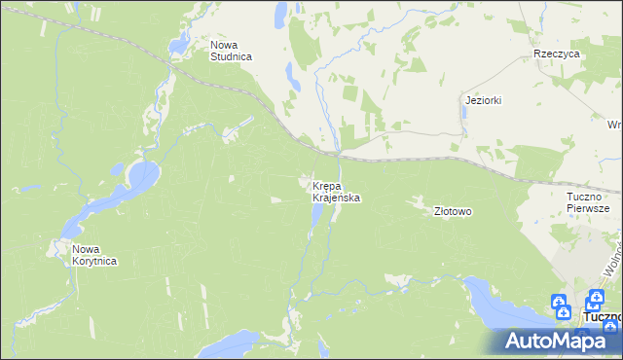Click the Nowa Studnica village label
click(232, 51)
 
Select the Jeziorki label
click(483, 100)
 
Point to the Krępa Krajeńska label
click(337, 192)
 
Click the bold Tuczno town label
click(603, 317)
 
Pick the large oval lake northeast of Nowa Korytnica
click(142, 177)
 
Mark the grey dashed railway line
click(409, 157)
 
